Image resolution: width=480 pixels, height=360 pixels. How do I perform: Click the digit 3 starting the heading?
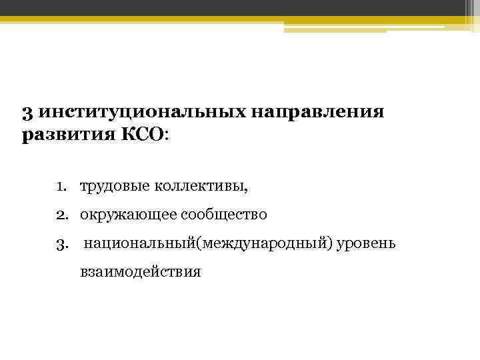coord(25,112)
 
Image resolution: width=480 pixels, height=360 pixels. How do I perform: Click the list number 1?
coord(61,186)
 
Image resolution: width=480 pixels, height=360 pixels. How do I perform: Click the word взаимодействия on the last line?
coord(140,272)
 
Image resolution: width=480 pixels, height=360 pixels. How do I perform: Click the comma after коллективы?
coord(245,189)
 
